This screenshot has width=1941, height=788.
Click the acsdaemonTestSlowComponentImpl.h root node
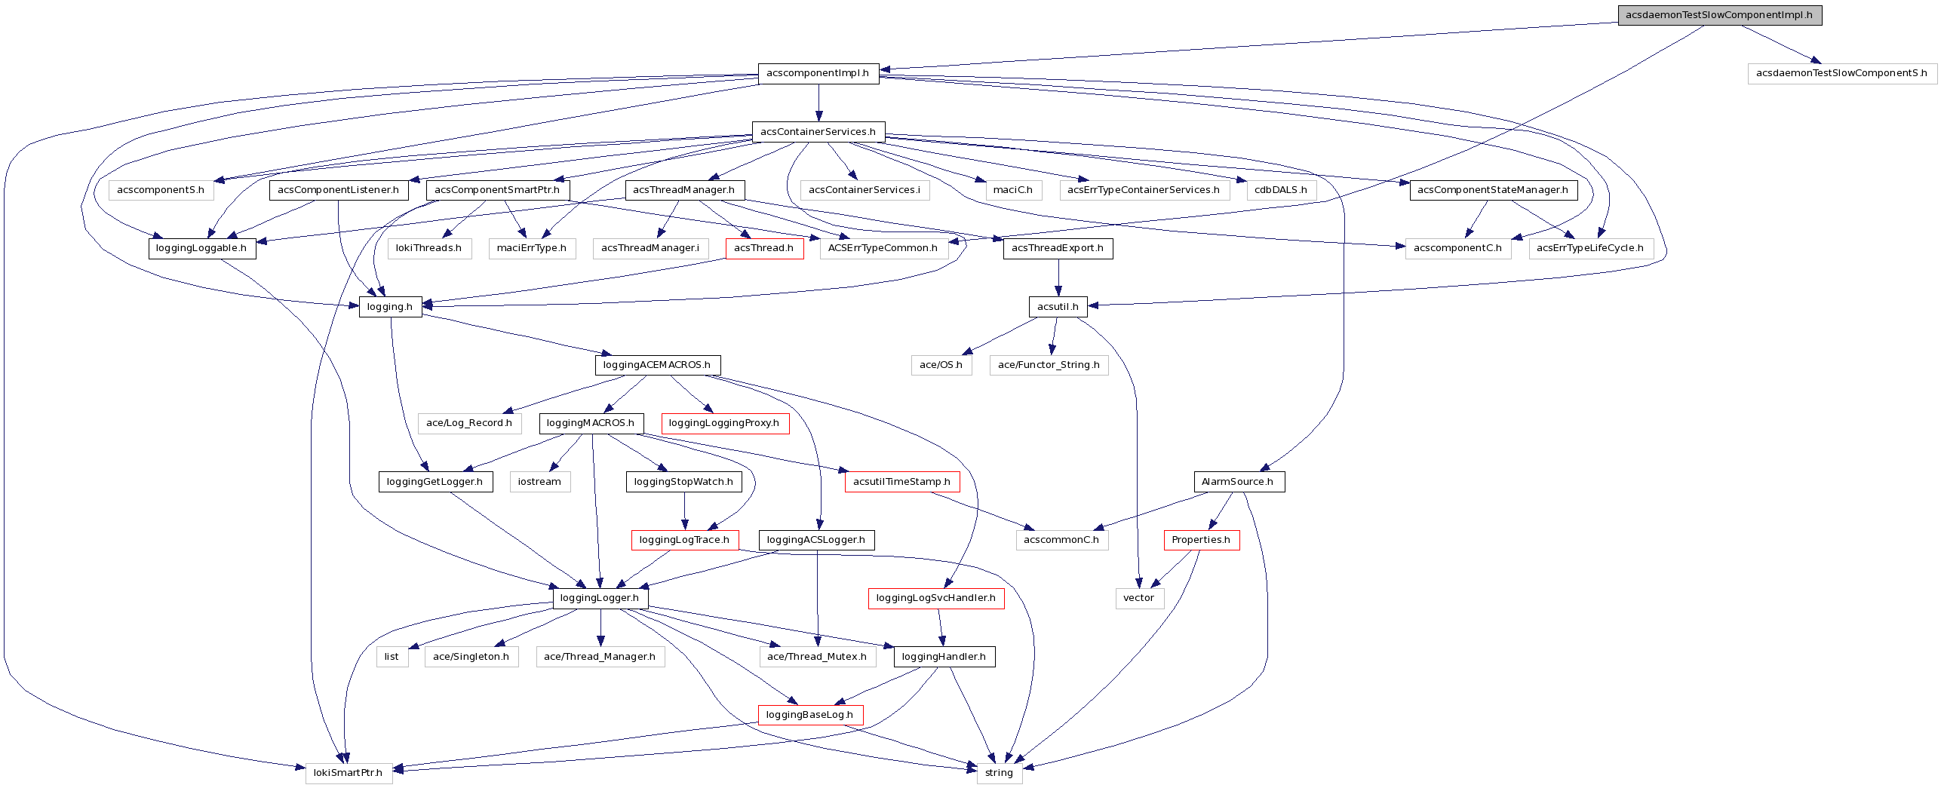tap(1719, 15)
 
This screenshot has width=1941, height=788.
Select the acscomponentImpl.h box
tap(818, 73)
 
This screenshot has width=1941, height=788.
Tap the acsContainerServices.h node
tap(818, 132)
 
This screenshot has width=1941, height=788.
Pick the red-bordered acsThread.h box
tap(763, 248)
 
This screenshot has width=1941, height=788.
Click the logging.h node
tap(390, 307)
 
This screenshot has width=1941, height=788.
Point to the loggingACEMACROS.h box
tap(657, 365)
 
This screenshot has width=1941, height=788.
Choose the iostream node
tap(539, 482)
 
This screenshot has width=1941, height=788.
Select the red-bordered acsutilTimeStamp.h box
tap(901, 482)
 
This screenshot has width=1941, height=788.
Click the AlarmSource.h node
tap(1237, 482)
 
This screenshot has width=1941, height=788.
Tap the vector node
tap(1138, 598)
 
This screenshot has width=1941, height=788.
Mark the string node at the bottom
tap(999, 773)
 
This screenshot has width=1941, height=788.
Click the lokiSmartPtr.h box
tap(348, 773)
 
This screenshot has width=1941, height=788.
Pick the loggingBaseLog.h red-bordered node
tap(809, 715)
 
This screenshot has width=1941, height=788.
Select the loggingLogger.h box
tap(600, 598)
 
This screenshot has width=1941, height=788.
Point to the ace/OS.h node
tap(941, 365)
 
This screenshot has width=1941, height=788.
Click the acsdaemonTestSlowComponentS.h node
tap(1841, 73)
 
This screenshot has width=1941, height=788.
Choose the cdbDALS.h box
tap(1280, 190)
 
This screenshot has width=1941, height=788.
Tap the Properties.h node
tap(1200, 540)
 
